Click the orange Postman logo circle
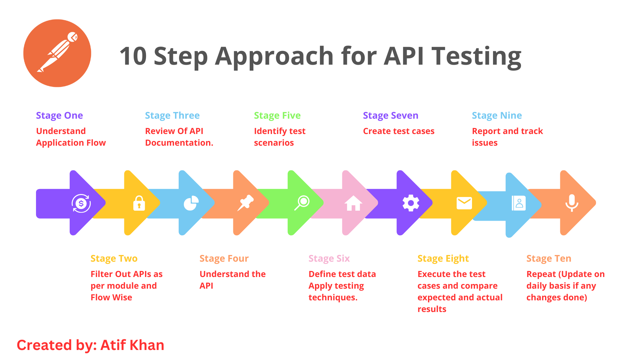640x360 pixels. click(57, 53)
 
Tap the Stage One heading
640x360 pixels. click(59, 115)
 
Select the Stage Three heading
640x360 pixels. click(172, 115)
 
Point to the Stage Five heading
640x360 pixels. click(277, 115)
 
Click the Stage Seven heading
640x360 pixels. click(390, 115)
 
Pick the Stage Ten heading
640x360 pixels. click(549, 258)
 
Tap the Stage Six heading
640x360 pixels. click(329, 258)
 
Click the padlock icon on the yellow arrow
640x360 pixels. click(139, 203)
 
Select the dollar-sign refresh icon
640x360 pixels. click(81, 203)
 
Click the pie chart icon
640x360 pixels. click(191, 203)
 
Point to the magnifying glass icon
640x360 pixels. click(302, 203)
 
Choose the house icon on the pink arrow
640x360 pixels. click(353, 203)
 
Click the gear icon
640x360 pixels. click(411, 203)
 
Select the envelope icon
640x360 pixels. click(464, 203)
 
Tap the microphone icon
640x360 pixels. click(572, 203)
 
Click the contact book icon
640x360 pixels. click(519, 203)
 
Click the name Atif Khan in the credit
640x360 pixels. click(132, 345)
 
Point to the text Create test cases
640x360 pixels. click(399, 131)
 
